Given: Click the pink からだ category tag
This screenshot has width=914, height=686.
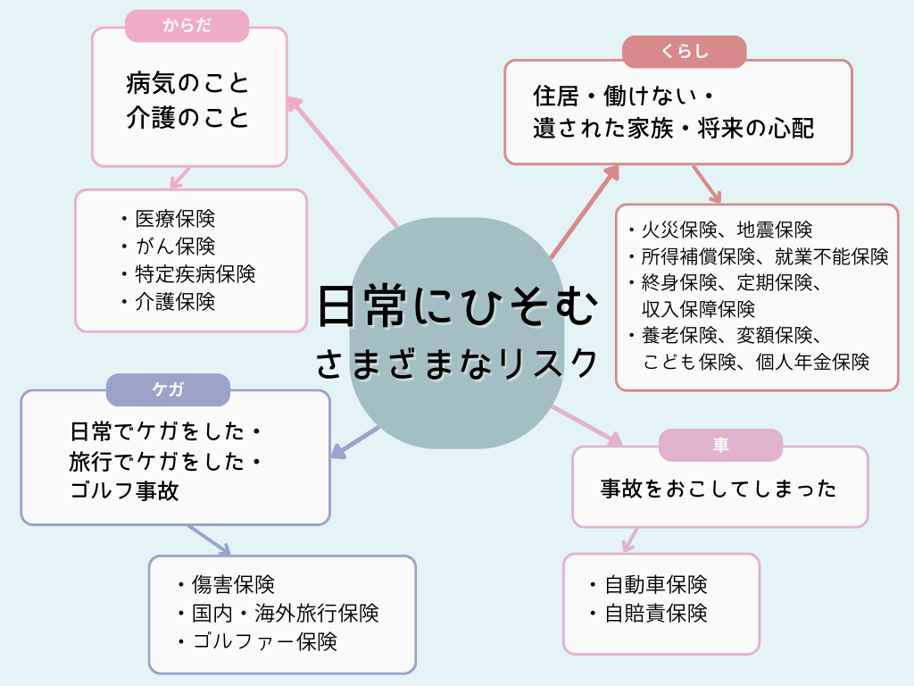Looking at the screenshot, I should tap(187, 26).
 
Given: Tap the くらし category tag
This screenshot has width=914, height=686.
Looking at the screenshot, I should tap(684, 52).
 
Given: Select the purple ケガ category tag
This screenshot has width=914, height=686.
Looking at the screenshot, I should tap(168, 389).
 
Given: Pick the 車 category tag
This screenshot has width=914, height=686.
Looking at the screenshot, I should tap(720, 445).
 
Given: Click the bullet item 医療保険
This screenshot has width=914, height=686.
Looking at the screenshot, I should tap(174, 218).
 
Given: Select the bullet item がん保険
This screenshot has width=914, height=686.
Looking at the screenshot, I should tap(174, 246).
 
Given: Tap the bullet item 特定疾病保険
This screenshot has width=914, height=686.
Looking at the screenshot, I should tap(195, 273).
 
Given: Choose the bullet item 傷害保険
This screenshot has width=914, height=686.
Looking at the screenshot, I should tap(233, 585).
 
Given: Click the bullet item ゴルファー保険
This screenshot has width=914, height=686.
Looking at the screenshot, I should tap(264, 641).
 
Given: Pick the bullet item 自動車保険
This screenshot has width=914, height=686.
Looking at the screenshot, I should tap(656, 585).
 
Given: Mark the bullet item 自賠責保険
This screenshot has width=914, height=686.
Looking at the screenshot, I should tap(656, 614).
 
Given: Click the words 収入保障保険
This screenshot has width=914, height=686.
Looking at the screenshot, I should tap(698, 309).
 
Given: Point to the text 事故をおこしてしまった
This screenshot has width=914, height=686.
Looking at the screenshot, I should tap(719, 489).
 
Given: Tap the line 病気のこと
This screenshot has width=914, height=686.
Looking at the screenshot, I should tap(188, 86).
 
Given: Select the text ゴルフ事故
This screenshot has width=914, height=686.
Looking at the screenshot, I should tap(124, 490).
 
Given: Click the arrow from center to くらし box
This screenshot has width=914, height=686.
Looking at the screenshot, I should tap(585, 211).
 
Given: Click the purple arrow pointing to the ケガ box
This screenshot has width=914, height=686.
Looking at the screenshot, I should tap(354, 441).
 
